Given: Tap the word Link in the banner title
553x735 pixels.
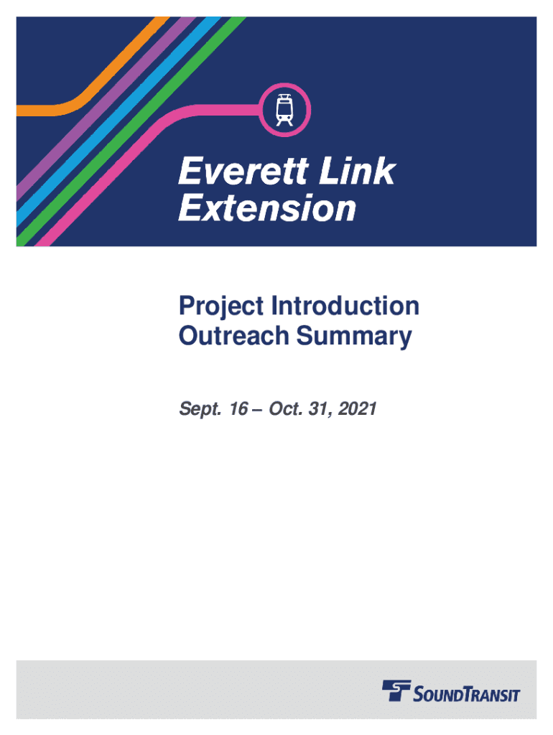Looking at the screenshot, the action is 358,171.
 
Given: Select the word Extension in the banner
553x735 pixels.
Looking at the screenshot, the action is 267,208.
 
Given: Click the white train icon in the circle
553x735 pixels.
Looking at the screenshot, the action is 284,110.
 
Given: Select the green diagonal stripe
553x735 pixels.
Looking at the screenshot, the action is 131,131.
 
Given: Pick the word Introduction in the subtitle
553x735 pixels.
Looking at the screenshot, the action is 345,306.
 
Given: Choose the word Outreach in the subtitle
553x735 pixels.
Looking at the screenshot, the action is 233,336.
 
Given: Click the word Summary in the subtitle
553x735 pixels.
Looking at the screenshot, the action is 354,337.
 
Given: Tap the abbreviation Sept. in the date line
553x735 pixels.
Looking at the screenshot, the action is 200,409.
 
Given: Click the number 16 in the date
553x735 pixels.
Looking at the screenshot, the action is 238,408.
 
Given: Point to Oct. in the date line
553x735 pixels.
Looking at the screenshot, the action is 286,408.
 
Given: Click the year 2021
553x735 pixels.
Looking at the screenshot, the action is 357,408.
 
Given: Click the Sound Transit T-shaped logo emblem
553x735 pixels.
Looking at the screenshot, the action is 396,690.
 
